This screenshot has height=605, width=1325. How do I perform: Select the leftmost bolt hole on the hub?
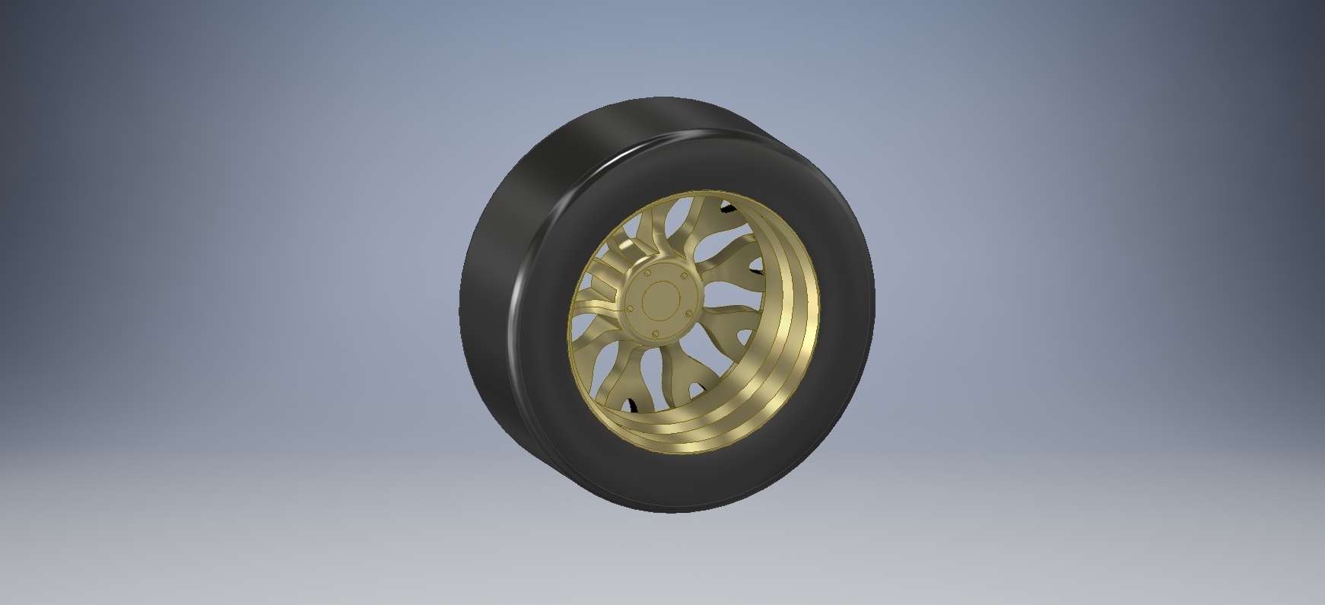tap(631, 307)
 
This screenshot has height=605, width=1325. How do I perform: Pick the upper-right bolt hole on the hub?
tap(683, 276)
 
